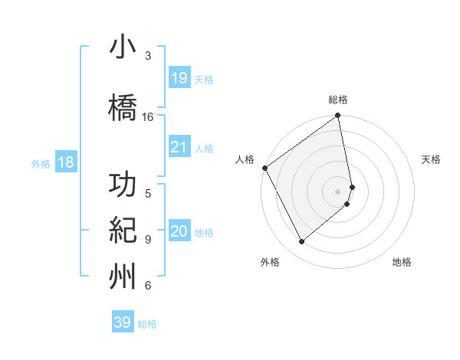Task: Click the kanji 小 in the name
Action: click(123, 47)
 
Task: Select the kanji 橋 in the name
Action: click(123, 106)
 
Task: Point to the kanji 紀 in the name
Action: click(123, 230)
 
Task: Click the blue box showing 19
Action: click(179, 78)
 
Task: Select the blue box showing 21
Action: click(179, 147)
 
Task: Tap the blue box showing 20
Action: click(179, 231)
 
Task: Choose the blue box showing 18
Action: click(65, 162)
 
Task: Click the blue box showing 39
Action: click(123, 322)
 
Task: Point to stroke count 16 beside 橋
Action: click(148, 117)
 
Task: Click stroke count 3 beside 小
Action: click(148, 56)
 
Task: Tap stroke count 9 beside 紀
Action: click(148, 239)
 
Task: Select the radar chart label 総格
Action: click(338, 100)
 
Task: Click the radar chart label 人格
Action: click(245, 159)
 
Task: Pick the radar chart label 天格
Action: click(431, 159)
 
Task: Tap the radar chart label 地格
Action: click(402, 262)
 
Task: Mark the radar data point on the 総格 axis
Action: click(338, 116)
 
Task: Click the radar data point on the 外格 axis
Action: click(302, 242)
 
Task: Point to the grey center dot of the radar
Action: click(338, 191)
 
